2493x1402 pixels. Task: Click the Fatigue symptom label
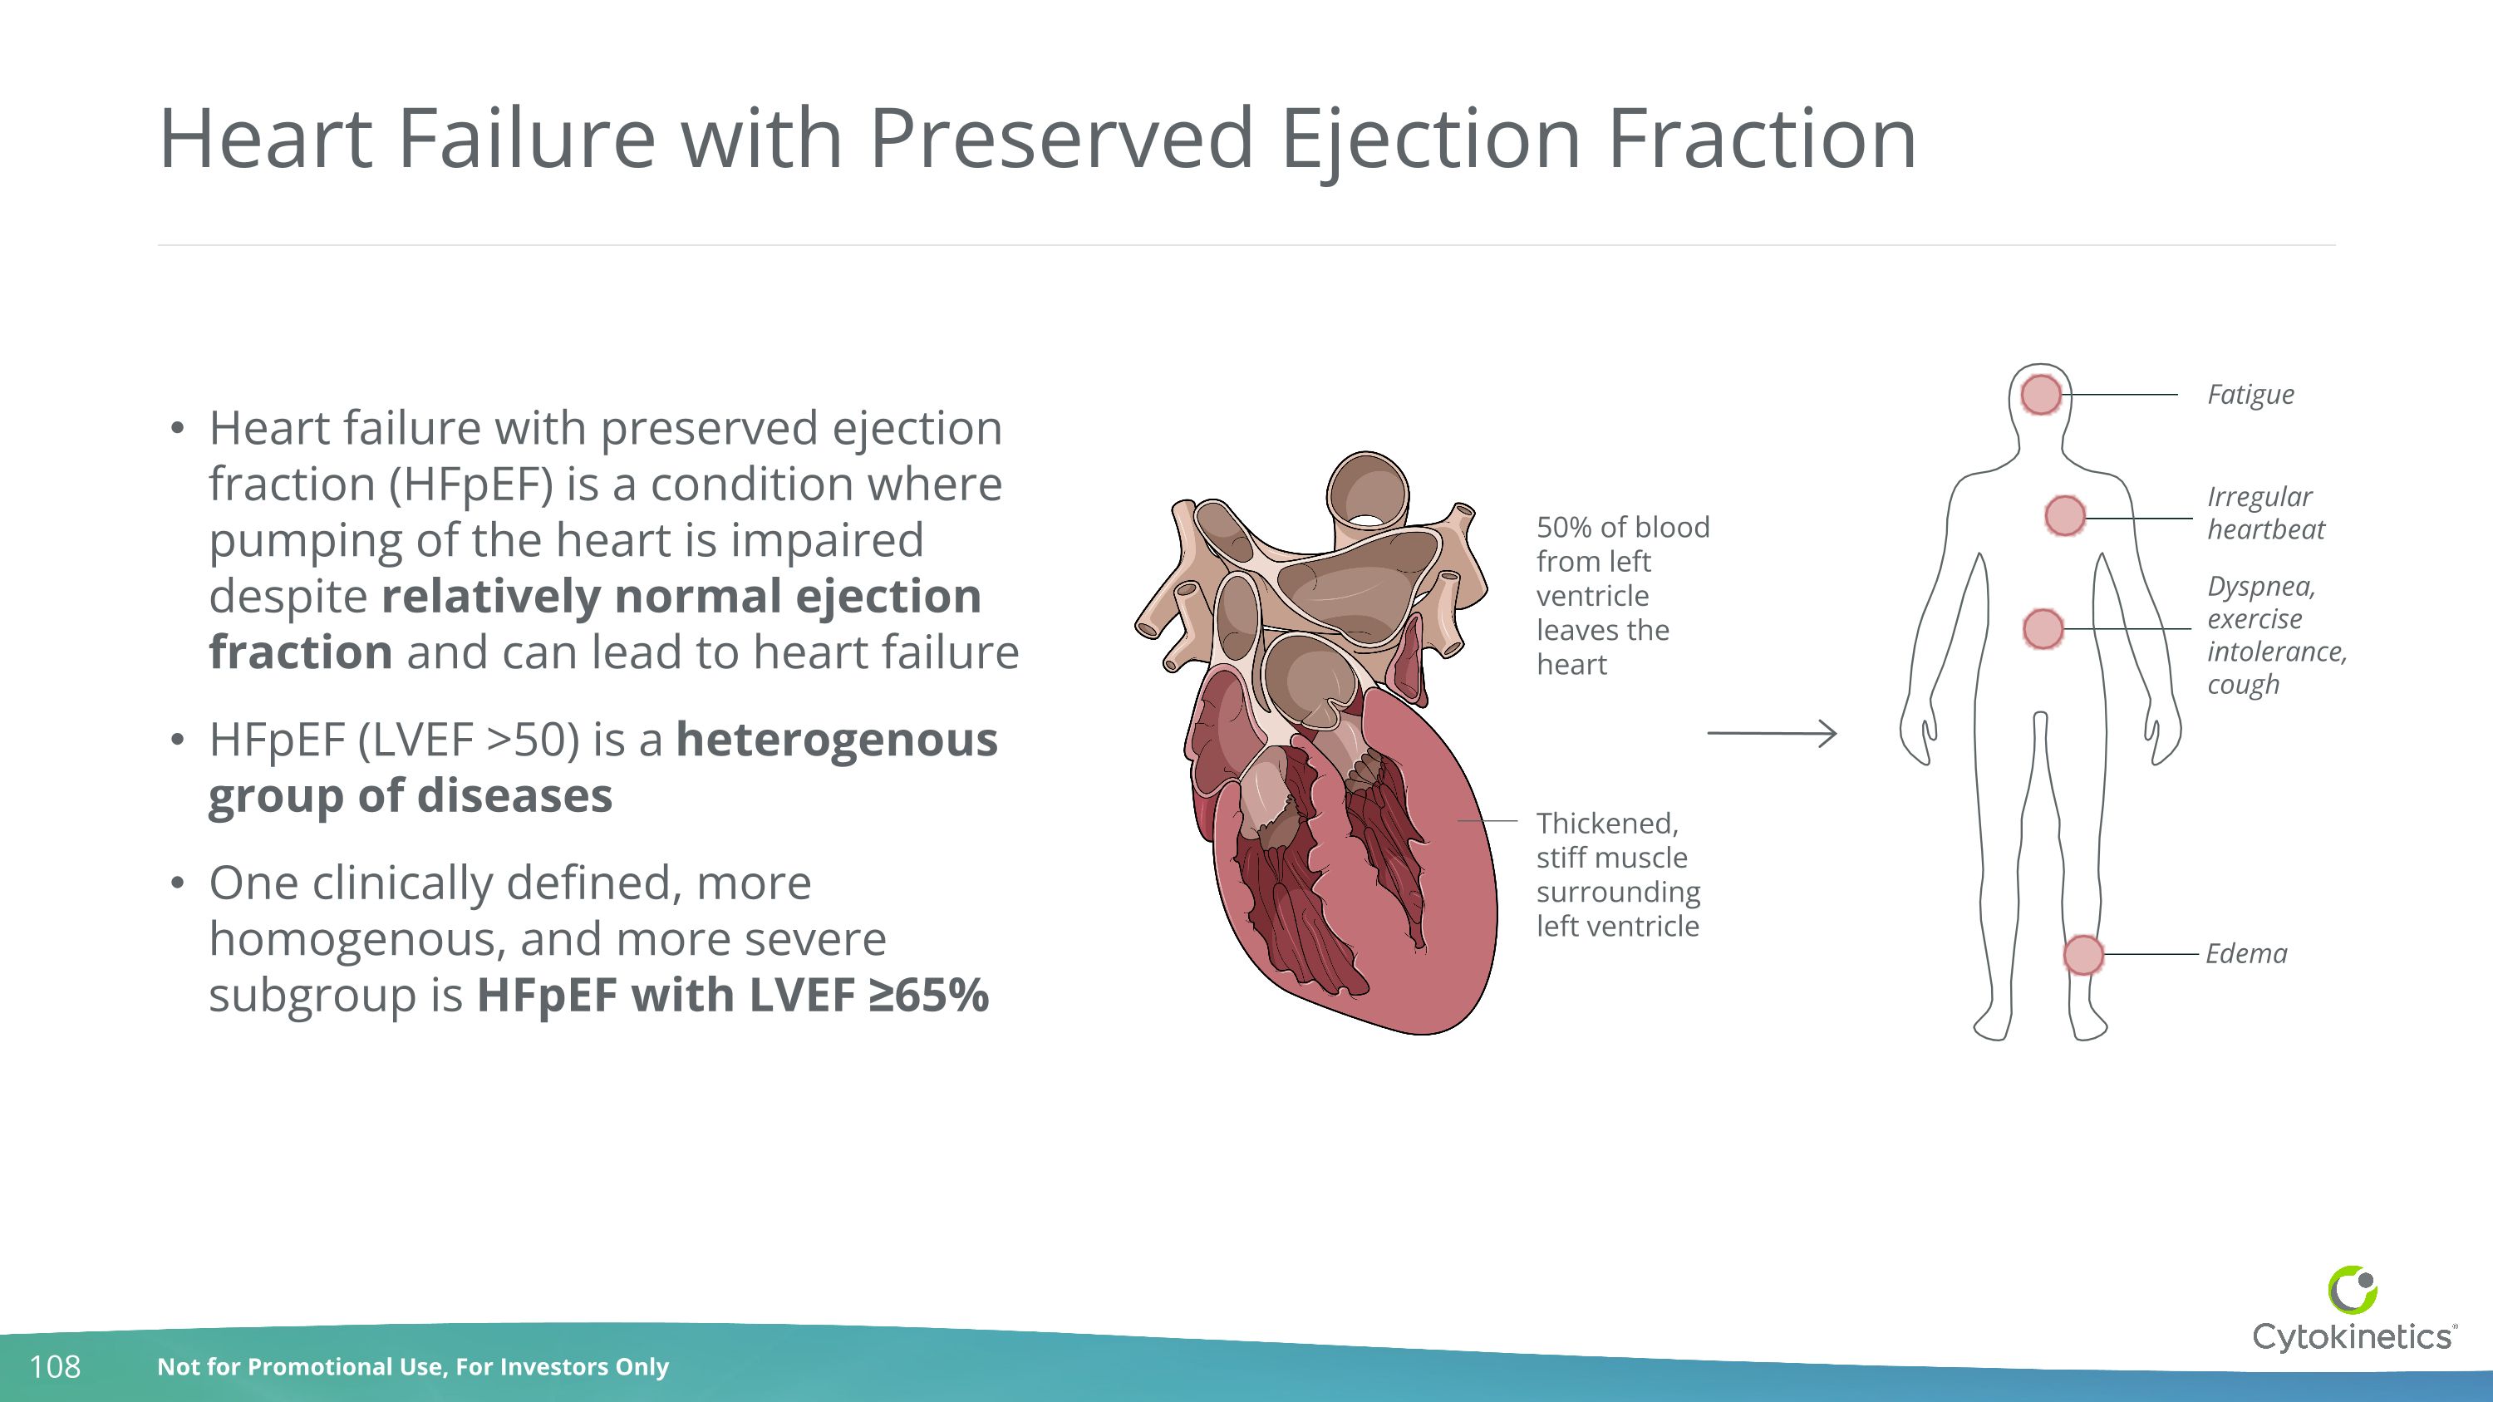coord(2250,395)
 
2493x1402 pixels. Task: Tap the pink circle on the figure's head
coord(2041,395)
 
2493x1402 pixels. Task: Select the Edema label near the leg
coord(2246,954)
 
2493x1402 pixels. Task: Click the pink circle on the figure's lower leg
coord(2083,955)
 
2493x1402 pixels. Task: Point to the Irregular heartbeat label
coord(2264,513)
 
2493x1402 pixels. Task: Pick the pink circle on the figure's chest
coord(2064,516)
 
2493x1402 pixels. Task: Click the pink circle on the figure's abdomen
coord(2043,629)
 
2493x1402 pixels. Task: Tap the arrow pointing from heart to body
coord(1771,734)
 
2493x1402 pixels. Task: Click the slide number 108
coord(55,1367)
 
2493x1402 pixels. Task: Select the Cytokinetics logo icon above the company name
coord(2353,1291)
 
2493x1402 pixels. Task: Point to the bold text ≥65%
coord(929,995)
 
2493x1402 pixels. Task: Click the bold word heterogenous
coord(836,740)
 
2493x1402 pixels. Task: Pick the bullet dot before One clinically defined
coord(176,883)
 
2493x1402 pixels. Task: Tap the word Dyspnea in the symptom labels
coord(2259,588)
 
